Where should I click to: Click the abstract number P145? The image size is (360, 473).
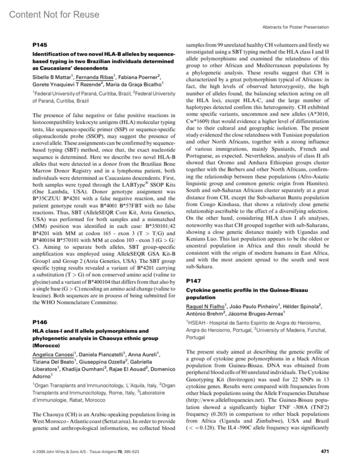(40, 45)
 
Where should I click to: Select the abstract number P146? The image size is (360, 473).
(40, 322)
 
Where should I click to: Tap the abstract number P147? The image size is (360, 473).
(193, 281)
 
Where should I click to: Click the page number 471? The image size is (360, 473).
(325, 451)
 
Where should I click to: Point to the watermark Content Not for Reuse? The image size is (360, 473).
(54, 14)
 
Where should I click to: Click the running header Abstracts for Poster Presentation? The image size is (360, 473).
(295, 27)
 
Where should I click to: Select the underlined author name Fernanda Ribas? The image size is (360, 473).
(94, 77)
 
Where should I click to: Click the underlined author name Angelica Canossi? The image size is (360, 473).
(53, 355)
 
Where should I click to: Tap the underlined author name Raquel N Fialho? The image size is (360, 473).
(205, 306)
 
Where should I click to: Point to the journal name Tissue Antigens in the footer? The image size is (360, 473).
(103, 451)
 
